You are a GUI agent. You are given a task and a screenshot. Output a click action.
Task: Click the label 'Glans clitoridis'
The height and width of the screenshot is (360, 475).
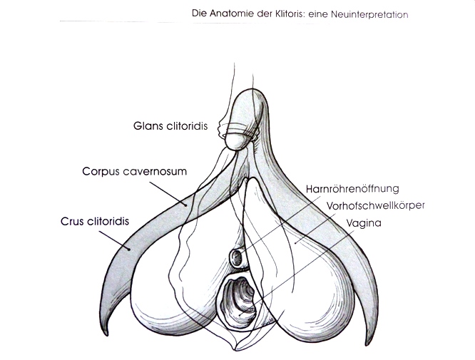(x=170, y=126)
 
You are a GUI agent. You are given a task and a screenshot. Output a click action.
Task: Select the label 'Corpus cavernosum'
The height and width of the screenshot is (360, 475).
(x=135, y=171)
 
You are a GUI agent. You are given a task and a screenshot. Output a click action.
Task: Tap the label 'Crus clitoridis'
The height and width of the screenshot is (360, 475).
(x=95, y=221)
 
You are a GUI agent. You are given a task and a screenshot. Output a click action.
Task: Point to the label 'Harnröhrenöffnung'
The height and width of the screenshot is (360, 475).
(x=352, y=189)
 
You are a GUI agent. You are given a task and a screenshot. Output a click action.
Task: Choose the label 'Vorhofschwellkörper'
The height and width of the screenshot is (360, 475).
(x=376, y=205)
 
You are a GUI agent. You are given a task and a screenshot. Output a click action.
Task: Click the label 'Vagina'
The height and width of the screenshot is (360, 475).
(x=364, y=223)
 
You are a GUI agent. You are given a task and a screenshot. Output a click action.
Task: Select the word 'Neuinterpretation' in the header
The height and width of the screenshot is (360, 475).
(x=369, y=14)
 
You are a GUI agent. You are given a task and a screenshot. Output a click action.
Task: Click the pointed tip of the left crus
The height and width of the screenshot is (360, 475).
(x=106, y=335)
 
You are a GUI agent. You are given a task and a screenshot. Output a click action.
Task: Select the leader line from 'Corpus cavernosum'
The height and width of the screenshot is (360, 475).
(x=168, y=194)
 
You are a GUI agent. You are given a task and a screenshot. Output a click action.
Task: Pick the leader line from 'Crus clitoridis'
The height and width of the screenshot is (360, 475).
(x=115, y=241)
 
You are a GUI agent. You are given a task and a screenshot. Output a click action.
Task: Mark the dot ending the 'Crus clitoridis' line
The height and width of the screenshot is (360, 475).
(x=129, y=250)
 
